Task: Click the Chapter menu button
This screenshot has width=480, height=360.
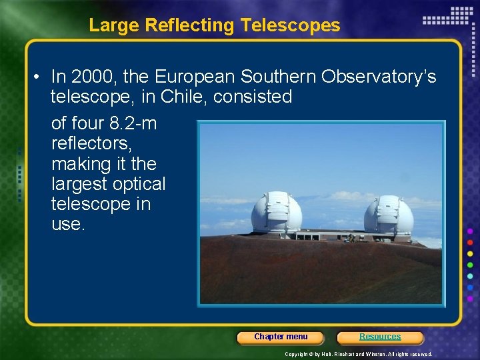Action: point(281,337)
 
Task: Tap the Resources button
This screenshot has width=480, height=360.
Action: point(380,337)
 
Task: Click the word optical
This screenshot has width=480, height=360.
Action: point(139,184)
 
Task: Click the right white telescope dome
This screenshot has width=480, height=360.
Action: point(389,215)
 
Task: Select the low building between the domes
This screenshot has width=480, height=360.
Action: point(331,235)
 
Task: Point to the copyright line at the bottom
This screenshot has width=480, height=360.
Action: point(358,354)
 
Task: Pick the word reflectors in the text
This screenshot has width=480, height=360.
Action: point(93,144)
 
